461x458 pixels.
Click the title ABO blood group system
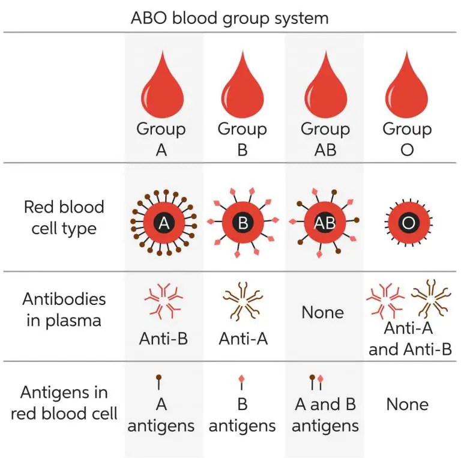[x=230, y=17]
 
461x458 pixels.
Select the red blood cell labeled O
[x=408, y=224]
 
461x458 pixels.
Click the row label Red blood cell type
[x=64, y=217]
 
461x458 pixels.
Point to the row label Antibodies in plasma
[x=64, y=309]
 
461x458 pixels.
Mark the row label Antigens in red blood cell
[x=64, y=403]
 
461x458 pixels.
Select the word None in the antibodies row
[x=323, y=313]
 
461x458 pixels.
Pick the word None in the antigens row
[x=407, y=404]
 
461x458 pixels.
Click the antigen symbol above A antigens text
[x=160, y=381]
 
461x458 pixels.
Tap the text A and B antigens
[x=325, y=415]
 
